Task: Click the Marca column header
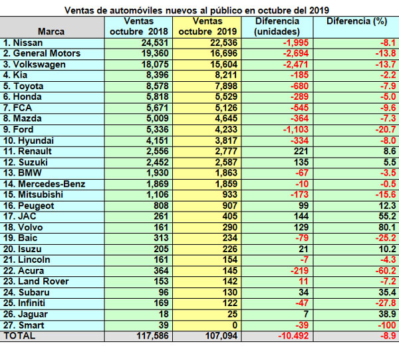[51, 31]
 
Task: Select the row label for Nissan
[23, 43]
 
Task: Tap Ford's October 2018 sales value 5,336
[157, 129]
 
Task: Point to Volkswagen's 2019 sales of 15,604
[223, 64]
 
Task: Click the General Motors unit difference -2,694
[296, 53]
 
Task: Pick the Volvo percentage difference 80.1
[387, 227]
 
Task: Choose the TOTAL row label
[19, 335]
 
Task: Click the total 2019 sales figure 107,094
[221, 335]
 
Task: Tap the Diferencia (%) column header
[356, 21]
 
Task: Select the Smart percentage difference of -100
[388, 325]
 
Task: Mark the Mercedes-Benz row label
[44, 184]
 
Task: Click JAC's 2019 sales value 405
[230, 216]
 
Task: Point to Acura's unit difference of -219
[299, 271]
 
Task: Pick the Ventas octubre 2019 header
[207, 26]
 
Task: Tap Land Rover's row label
[36, 281]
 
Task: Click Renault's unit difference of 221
[301, 151]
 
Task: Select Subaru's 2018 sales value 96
[164, 292]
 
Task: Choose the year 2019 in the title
[319, 11]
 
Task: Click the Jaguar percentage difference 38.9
[387, 314]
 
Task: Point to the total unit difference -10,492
[293, 335]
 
